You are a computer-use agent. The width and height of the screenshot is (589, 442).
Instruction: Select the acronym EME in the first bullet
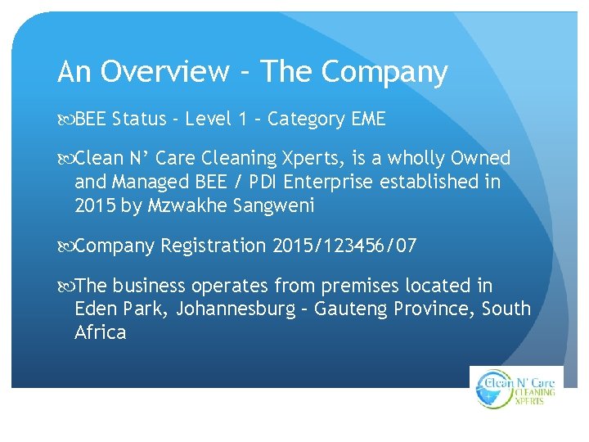[x=368, y=120]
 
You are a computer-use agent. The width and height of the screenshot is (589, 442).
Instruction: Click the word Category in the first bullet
[x=306, y=120]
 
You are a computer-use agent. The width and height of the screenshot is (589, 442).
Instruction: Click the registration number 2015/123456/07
[x=344, y=246]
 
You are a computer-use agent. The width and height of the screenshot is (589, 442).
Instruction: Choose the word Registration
[x=214, y=246]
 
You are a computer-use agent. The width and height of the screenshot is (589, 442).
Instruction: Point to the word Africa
[x=100, y=332]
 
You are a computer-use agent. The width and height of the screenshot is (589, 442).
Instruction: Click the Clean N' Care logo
[x=517, y=387]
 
